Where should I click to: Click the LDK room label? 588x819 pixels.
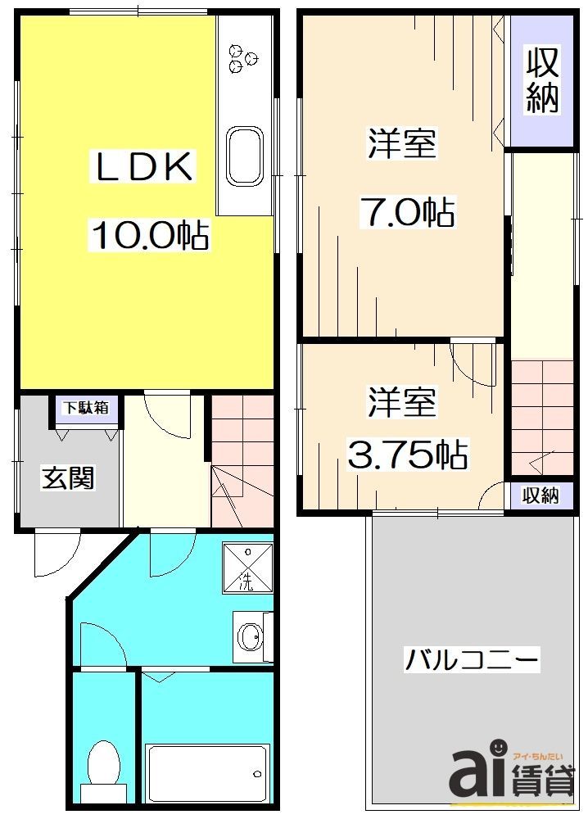click(x=144, y=168)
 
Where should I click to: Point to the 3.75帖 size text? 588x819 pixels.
click(x=407, y=455)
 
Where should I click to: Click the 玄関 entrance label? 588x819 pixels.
click(x=68, y=477)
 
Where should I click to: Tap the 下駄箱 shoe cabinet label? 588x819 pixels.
click(x=87, y=407)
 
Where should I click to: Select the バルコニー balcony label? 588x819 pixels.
click(x=471, y=658)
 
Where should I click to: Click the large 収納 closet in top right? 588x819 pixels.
click(x=541, y=80)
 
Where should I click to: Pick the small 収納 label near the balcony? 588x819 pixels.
click(x=541, y=495)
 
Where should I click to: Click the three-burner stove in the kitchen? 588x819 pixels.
click(x=243, y=55)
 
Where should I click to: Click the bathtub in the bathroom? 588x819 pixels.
click(x=207, y=772)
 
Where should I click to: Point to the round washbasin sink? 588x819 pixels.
click(x=249, y=636)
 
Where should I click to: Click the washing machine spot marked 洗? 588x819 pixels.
click(x=247, y=568)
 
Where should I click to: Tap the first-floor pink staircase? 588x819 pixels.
click(x=242, y=459)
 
